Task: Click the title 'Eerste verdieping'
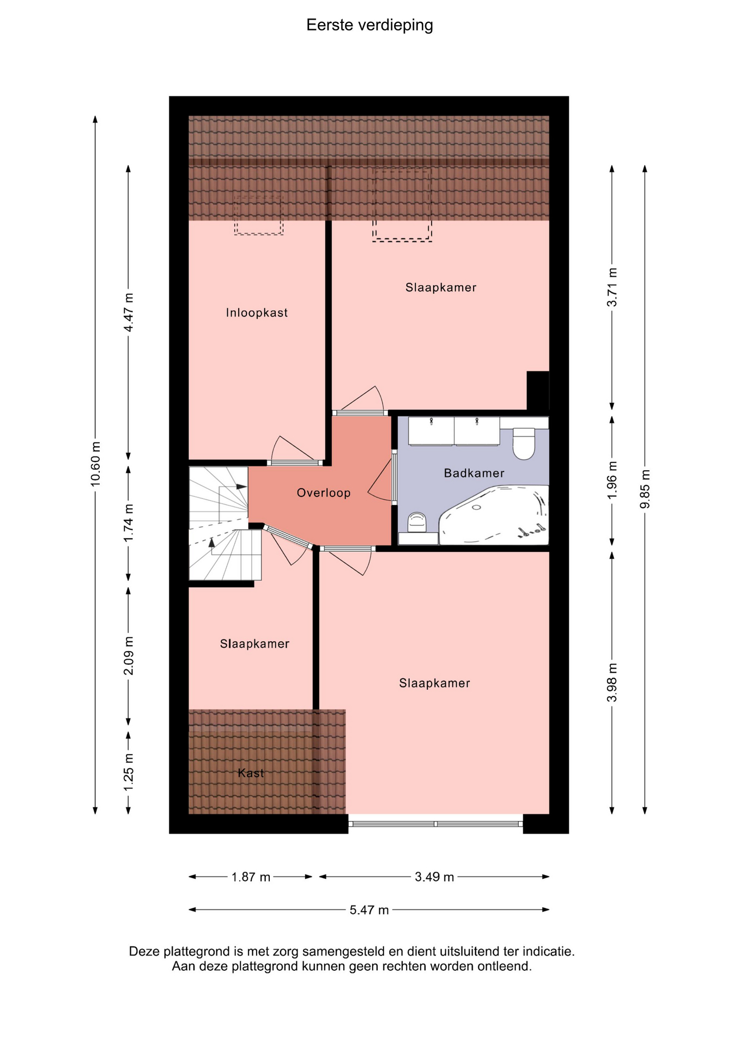click(369, 26)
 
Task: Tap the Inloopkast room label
click(257, 313)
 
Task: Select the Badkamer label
click(474, 473)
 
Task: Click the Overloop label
click(324, 493)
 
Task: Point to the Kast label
click(251, 773)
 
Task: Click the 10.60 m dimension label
click(96, 464)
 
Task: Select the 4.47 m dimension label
click(129, 312)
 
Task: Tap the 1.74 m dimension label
click(129, 523)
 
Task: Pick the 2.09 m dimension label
click(129, 655)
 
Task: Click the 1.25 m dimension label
click(129, 773)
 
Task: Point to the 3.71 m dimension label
click(612, 287)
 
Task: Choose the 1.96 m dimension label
click(612, 480)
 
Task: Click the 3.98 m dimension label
click(612, 683)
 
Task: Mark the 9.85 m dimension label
click(645, 489)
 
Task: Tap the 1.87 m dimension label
click(251, 877)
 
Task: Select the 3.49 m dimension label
click(434, 877)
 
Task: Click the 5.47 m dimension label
click(369, 910)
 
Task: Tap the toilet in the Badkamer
click(524, 443)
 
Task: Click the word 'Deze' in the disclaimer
click(144, 952)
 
